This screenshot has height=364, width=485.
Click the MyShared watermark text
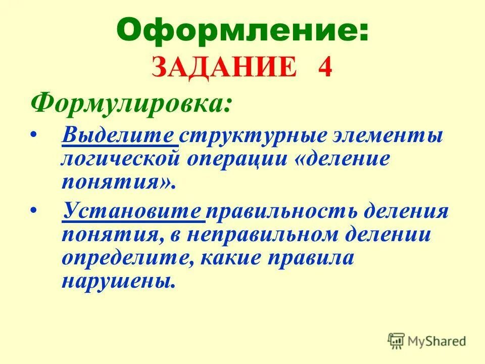click(437, 341)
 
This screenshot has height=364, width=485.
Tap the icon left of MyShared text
click(397, 340)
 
